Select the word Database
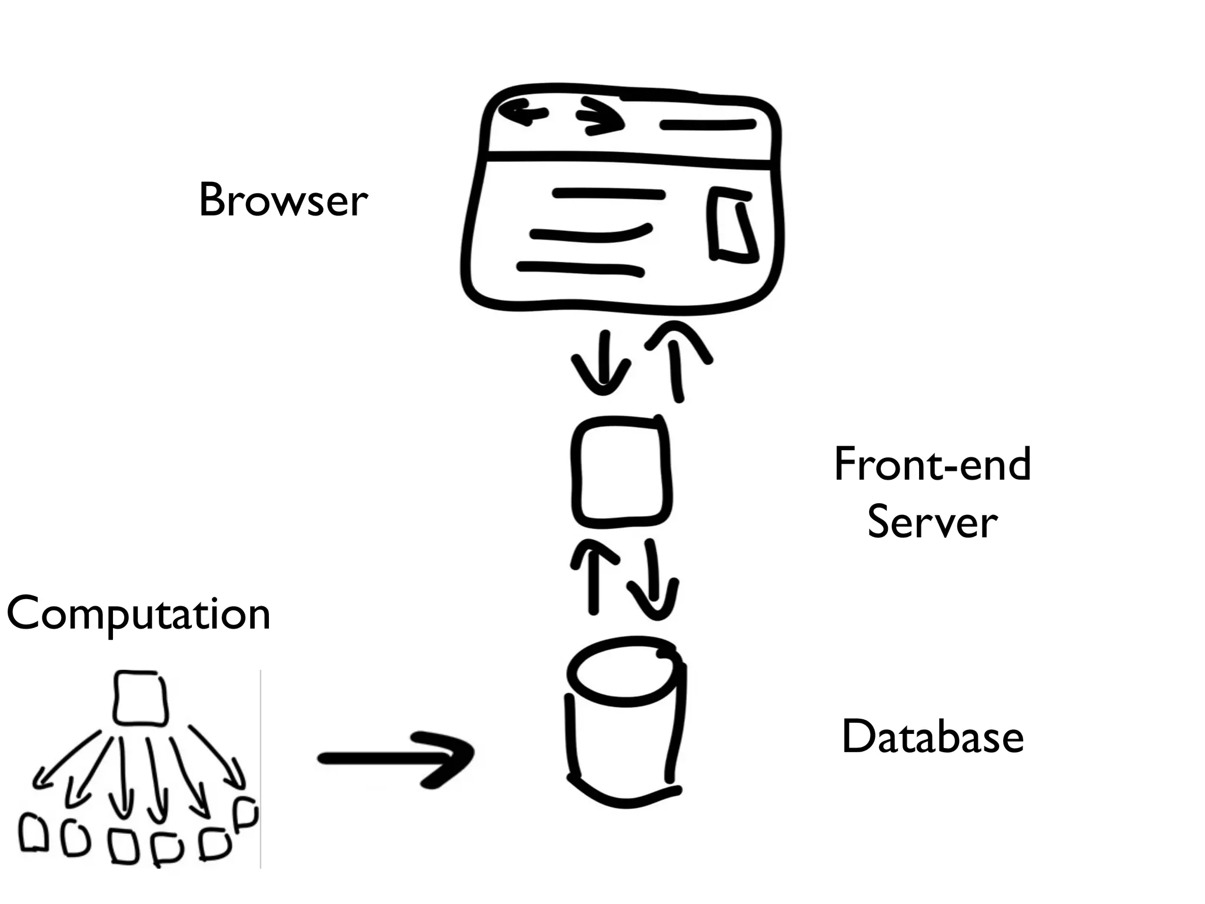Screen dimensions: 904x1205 coord(933,737)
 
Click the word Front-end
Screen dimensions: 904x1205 coord(932,465)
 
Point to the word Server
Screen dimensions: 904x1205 coord(932,523)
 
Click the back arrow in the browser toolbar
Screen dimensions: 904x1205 coord(523,112)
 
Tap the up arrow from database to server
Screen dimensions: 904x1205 coord(593,580)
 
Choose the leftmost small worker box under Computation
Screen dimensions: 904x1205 coord(34,833)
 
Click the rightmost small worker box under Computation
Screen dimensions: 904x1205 coord(245,813)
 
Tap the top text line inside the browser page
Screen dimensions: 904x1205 coord(608,194)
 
